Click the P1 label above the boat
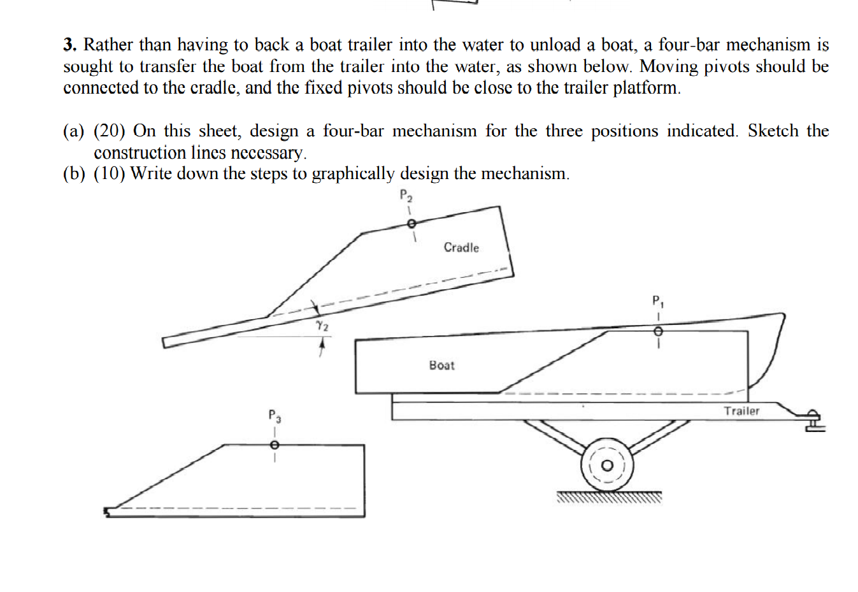pyautogui.click(x=657, y=301)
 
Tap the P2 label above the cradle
pyautogui.click(x=405, y=196)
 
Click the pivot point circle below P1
pyautogui.click(x=659, y=331)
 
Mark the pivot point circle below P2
pyautogui.click(x=411, y=224)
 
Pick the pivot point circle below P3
pyautogui.click(x=274, y=445)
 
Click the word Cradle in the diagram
pyautogui.click(x=461, y=248)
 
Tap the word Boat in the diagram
pyautogui.click(x=441, y=365)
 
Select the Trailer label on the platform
pyautogui.click(x=741, y=411)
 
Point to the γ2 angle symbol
pyautogui.click(x=322, y=326)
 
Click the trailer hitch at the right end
pyautogui.click(x=812, y=421)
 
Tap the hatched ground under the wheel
pyautogui.click(x=609, y=497)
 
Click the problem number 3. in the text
pyautogui.click(x=70, y=45)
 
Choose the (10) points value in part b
pyautogui.click(x=109, y=174)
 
